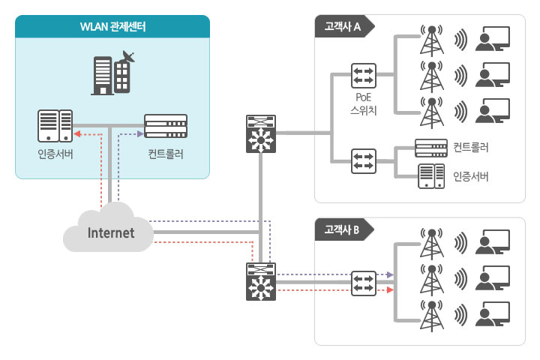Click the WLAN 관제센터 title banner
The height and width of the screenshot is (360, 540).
pyautogui.click(x=112, y=28)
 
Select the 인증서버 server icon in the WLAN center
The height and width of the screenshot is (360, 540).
pyautogui.click(x=55, y=126)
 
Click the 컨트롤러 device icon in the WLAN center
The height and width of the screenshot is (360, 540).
pyautogui.click(x=166, y=125)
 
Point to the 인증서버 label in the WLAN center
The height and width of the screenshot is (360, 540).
pyautogui.click(x=55, y=155)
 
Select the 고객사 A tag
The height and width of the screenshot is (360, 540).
pyautogui.click(x=342, y=27)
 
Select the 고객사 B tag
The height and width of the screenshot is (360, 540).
pyautogui.click(x=342, y=229)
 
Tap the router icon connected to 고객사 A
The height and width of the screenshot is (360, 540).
pyautogui.click(x=261, y=134)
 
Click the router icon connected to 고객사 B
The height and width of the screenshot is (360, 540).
pyautogui.click(x=261, y=282)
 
